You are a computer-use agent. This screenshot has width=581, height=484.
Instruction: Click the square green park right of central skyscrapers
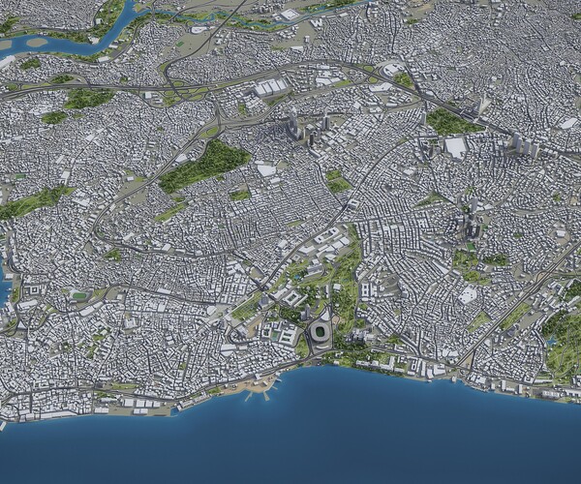[336, 181]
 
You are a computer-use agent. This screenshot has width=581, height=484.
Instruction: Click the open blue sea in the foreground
[339, 436]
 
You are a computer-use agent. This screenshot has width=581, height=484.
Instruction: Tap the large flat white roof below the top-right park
[455, 147]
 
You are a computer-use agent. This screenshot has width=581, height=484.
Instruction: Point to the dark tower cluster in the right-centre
[472, 228]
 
